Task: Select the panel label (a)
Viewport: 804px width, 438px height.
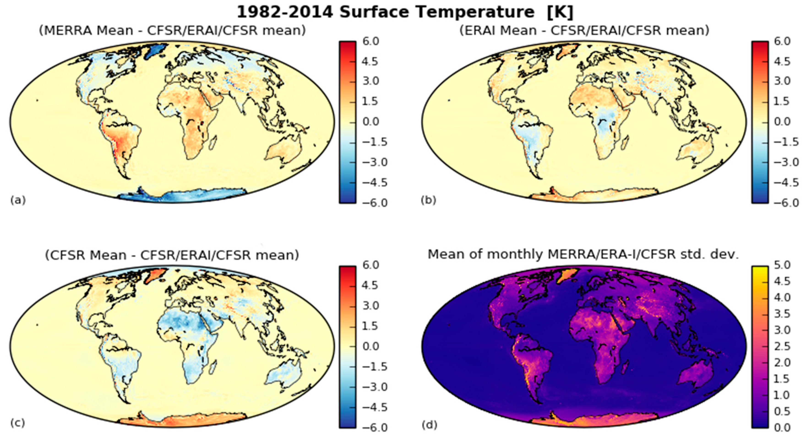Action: coord(18,200)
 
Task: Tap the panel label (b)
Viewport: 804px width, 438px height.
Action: coord(428,200)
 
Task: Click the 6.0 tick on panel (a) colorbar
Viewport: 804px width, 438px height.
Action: coord(371,41)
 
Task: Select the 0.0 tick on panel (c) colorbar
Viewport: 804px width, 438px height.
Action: coord(371,346)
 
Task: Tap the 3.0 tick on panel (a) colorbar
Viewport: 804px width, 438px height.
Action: coord(371,81)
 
